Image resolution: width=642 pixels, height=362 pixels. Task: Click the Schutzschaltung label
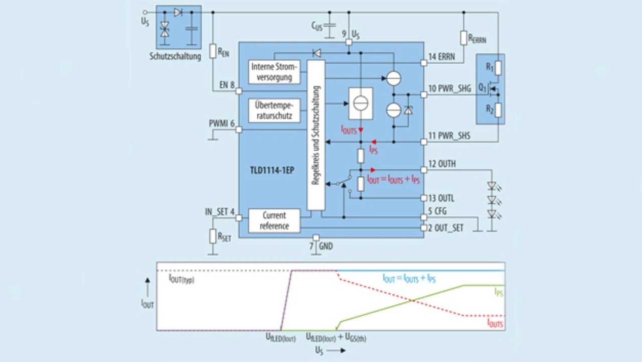(x=175, y=56)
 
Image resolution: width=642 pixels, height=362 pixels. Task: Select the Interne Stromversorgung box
(x=275, y=71)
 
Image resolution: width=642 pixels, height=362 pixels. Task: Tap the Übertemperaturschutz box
(x=275, y=110)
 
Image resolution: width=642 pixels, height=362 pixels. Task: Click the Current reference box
(x=274, y=220)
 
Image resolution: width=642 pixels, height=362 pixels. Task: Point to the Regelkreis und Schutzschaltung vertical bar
(x=316, y=135)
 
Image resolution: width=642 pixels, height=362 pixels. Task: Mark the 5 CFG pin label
(x=438, y=211)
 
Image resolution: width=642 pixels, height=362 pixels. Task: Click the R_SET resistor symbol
(x=213, y=236)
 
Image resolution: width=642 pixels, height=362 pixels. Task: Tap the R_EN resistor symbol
(x=213, y=51)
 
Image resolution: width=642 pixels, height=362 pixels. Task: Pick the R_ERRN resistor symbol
(x=463, y=38)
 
